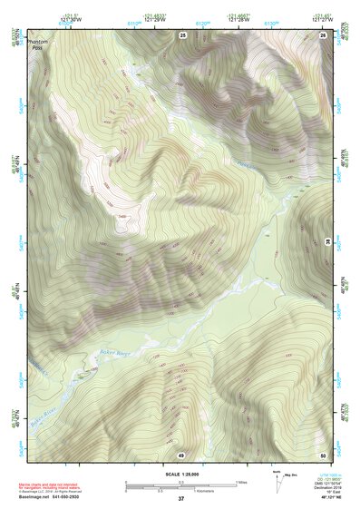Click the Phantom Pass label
click(x=36, y=45)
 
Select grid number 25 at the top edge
click(x=182, y=34)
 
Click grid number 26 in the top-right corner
click(x=322, y=34)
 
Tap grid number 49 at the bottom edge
click(x=181, y=455)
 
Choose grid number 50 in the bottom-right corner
click(x=322, y=455)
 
